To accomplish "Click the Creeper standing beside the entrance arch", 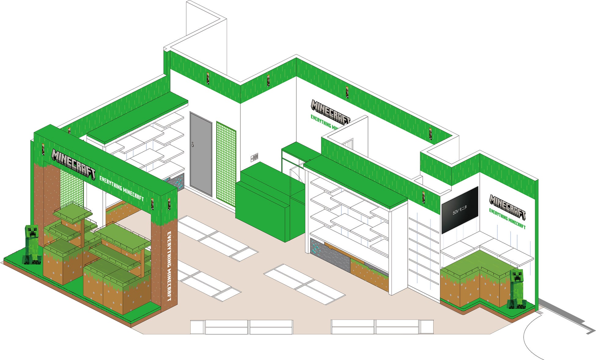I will click(32, 244).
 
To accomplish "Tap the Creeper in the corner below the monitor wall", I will click(516, 289).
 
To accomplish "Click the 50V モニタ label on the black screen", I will click(460, 210).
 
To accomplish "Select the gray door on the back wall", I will click(201, 154).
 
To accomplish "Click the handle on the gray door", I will click(193, 145).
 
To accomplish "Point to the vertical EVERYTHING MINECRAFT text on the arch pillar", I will click(169, 266).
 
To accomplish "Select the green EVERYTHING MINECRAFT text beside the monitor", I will click(507, 219).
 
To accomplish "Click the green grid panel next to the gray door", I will click(226, 163).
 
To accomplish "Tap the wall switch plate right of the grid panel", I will click(255, 157).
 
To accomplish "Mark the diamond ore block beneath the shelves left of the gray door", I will click(175, 182).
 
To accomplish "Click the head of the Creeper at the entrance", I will click(32, 232).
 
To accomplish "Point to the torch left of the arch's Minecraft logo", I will click(43, 149).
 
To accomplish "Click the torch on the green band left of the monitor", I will click(424, 197).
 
